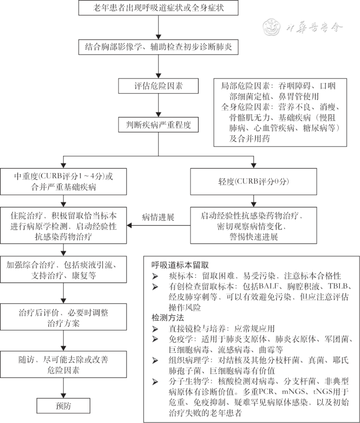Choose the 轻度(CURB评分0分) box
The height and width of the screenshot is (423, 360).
tap(253, 181)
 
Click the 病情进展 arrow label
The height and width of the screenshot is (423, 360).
tap(158, 217)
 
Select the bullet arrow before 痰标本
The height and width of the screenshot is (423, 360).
tap(155, 276)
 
